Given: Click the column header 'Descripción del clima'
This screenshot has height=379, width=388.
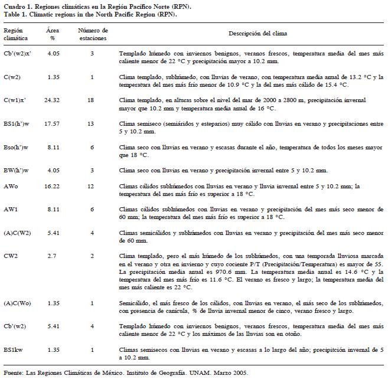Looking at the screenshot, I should [250, 33].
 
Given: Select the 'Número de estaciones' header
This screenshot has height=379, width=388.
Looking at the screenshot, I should [92, 33].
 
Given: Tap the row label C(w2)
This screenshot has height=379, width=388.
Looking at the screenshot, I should [12, 77].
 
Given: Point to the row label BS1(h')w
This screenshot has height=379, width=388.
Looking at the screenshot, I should [17, 123].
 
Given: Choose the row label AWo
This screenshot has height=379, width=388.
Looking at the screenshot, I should [11, 185].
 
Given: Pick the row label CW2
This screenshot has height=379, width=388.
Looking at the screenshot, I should [11, 254].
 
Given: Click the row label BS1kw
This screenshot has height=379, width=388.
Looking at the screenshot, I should [14, 350].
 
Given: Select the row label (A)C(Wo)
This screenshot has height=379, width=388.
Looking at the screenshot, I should [17, 303].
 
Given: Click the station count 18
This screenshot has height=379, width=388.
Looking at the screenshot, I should [91, 100].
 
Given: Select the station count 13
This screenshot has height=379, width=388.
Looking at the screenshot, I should [91, 123].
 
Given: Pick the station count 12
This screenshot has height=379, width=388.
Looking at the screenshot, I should [91, 185].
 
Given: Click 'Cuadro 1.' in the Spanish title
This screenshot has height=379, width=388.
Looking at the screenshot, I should [16, 5].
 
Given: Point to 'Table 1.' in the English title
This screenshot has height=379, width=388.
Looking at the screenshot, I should [14, 12].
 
